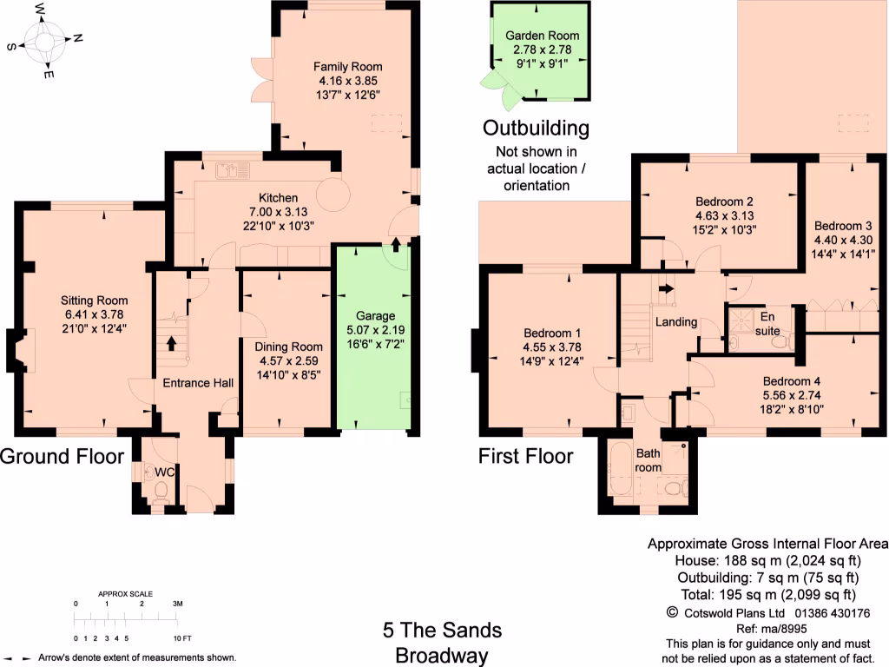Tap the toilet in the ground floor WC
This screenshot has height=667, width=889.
click(x=159, y=492)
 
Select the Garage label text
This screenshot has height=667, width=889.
click(x=375, y=315)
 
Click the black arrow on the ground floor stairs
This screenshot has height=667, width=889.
click(x=171, y=344)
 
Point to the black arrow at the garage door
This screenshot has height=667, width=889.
click(x=396, y=244)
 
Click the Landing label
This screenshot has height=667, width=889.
click(x=675, y=322)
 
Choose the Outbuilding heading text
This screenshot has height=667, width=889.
click(x=536, y=129)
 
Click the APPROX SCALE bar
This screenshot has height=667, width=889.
click(x=126, y=619)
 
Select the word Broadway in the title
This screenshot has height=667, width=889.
click(x=443, y=654)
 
